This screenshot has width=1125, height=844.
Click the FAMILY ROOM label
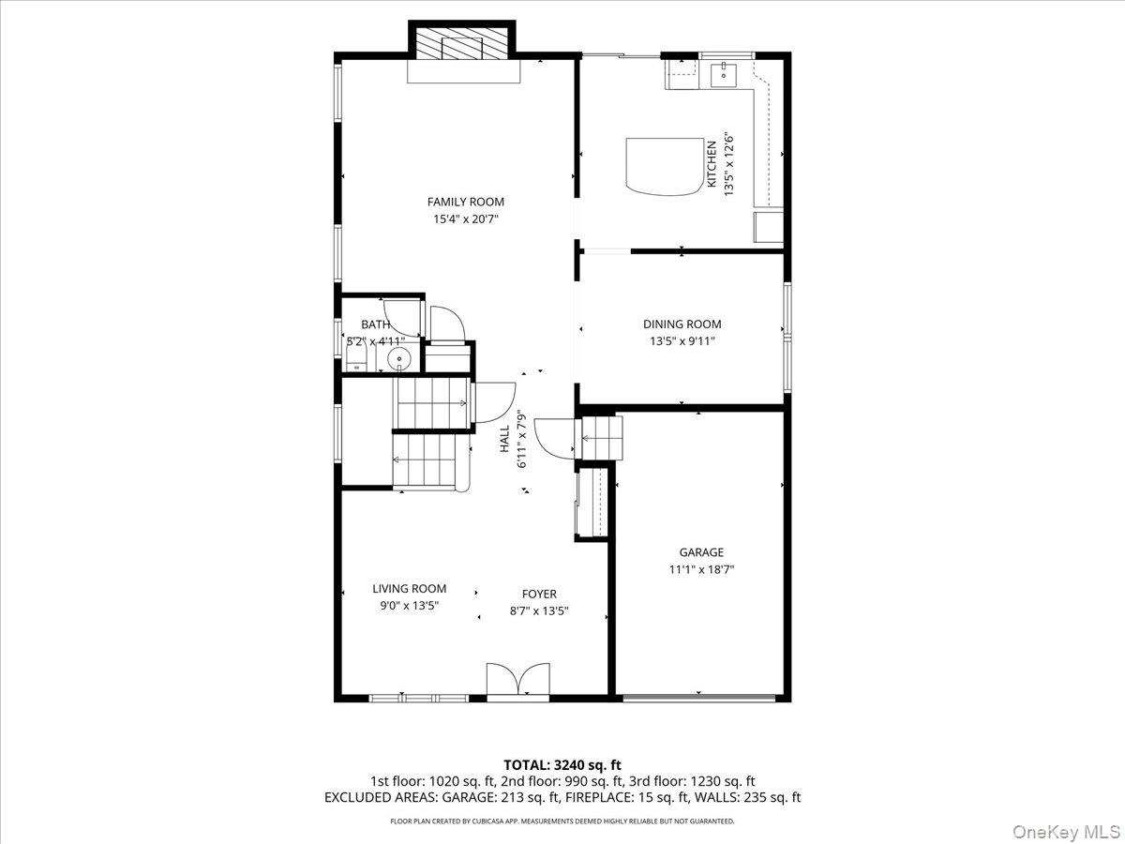[x=465, y=202]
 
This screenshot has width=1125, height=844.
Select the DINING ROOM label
[x=682, y=324]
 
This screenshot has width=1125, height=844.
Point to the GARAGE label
[x=701, y=552]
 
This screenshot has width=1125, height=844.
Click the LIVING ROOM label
[x=409, y=589]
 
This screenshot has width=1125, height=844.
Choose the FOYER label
[x=539, y=594]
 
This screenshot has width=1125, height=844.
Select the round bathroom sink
[x=400, y=357]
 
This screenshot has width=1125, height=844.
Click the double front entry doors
[x=518, y=680]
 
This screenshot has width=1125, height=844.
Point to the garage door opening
[x=699, y=698]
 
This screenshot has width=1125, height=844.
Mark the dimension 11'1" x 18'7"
[x=701, y=569]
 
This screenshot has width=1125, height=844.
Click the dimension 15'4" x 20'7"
[x=465, y=219]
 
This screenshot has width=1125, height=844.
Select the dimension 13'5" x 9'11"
[x=682, y=341]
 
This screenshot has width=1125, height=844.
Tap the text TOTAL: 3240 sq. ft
[x=562, y=764]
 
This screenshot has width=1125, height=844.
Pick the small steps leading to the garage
[x=602, y=437]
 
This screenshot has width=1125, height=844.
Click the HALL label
[x=504, y=440]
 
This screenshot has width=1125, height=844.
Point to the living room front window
[x=418, y=698]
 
